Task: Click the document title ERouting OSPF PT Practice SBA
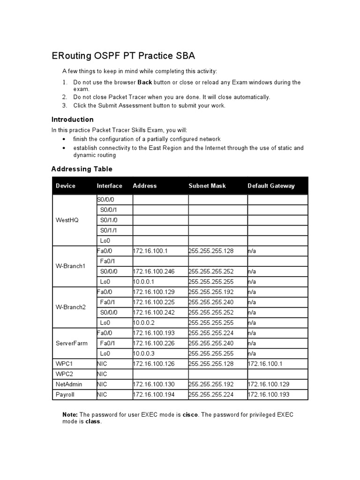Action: tap(123, 56)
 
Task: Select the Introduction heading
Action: tap(72, 120)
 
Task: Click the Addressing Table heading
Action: tap(82, 169)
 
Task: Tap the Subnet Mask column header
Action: tap(207, 186)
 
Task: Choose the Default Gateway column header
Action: tap(271, 186)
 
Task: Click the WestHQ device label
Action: tap(67, 220)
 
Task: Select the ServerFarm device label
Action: tap(71, 343)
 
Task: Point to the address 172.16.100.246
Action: tap(154, 271)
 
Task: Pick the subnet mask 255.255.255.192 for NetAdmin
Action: tap(210, 384)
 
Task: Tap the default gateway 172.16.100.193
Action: tap(270, 395)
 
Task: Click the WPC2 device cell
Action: tap(64, 374)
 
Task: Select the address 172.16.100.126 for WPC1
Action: tap(154, 364)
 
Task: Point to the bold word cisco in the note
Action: tap(190, 415)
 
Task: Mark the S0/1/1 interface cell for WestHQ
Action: tap(108, 230)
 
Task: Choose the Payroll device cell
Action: tap(65, 395)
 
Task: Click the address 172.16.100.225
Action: tap(154, 302)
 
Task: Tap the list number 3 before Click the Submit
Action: tap(65, 105)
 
